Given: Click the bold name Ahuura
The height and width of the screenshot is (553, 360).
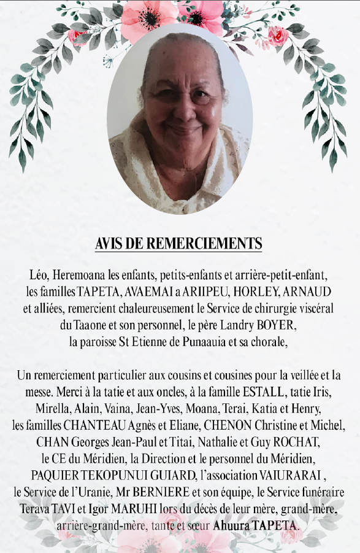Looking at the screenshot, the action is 232,526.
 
